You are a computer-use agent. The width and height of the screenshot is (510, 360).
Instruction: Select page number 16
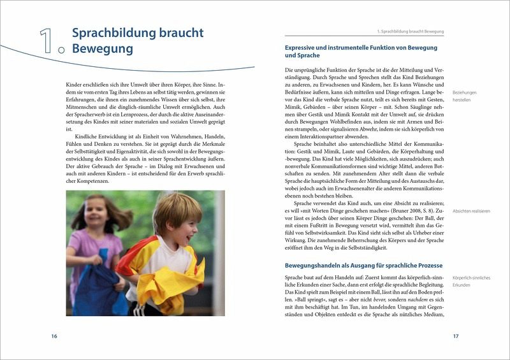click(x=54, y=336)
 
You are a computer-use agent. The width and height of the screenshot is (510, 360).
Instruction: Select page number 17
click(x=455, y=336)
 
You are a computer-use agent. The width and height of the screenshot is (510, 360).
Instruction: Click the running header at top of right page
click(x=411, y=31)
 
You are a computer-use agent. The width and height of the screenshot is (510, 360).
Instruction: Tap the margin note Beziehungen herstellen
click(x=465, y=96)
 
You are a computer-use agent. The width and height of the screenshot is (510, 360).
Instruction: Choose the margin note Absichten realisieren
click(x=472, y=210)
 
